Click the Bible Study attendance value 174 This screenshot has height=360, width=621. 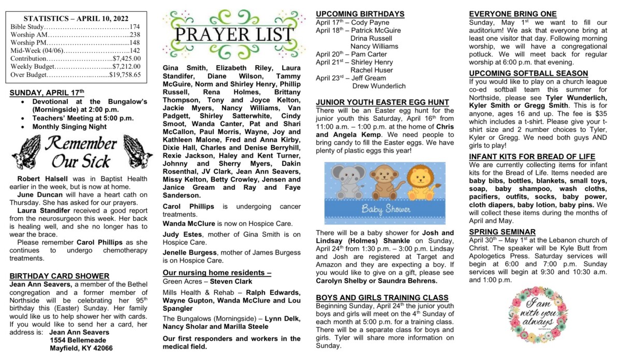point(135,26)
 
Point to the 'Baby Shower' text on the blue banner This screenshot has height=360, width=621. point(386,209)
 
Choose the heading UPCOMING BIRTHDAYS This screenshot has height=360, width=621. point(360,13)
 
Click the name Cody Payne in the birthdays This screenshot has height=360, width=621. point(371,23)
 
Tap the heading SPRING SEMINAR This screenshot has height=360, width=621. point(502,232)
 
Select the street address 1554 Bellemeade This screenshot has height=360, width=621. point(81,340)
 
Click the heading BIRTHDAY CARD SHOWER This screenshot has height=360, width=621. point(60,276)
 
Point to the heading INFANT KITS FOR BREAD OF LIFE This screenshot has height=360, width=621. point(532,157)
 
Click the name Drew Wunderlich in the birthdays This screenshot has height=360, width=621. point(379,86)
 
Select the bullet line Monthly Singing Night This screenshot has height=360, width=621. point(69,126)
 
